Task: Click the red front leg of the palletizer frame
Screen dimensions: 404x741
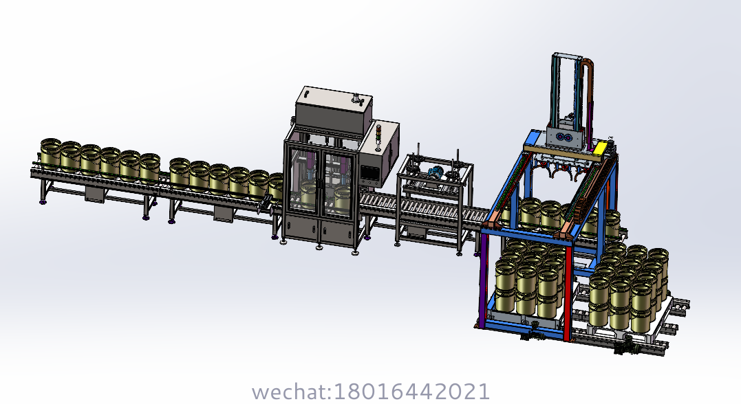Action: coord(566,289)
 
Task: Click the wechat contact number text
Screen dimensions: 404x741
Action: coord(371,392)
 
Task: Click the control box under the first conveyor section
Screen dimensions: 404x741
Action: coord(94,194)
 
